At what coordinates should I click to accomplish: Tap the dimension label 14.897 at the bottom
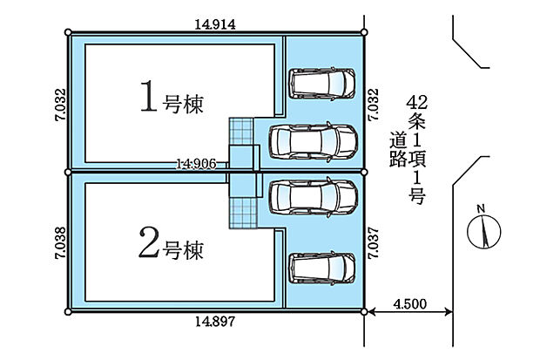[216, 323]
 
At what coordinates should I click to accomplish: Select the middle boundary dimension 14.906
[195, 162]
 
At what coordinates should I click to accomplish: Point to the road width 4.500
[409, 304]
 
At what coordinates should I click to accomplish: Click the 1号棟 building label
[172, 99]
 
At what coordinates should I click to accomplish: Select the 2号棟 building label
[172, 248]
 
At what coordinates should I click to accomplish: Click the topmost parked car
[323, 84]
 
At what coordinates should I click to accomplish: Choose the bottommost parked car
[323, 267]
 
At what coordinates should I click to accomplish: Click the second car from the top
[314, 141]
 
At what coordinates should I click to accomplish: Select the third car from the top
[314, 197]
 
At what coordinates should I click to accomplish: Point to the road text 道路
[398, 148]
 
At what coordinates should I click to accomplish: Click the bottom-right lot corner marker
[363, 311]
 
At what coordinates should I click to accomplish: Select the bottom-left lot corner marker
[69, 311]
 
